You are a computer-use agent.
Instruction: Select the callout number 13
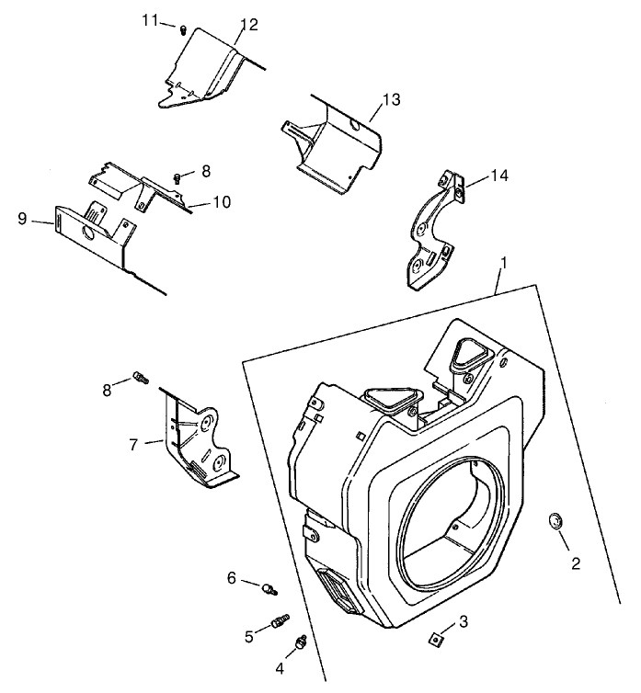tap(391, 100)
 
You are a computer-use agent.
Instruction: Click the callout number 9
tap(22, 218)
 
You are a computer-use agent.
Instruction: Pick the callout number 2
tap(576, 563)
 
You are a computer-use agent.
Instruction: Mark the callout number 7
tap(134, 444)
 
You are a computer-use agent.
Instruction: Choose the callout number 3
tap(463, 621)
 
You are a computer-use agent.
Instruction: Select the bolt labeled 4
tap(300, 645)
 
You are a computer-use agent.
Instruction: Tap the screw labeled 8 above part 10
tap(178, 176)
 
